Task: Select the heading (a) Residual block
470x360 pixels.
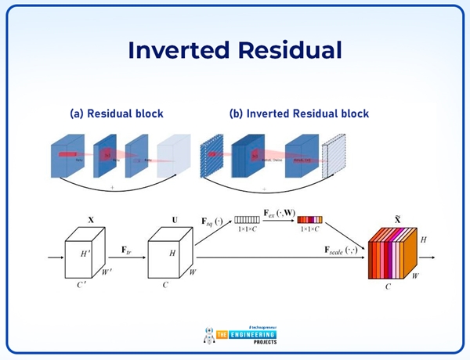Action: point(117,113)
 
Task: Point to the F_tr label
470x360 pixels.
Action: point(126,249)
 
